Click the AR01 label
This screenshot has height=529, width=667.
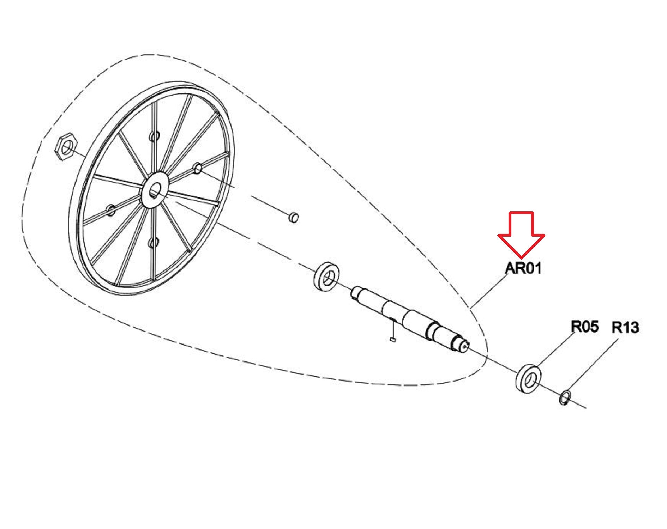click(523, 268)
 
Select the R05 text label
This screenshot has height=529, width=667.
click(585, 327)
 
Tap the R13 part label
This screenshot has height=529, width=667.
click(625, 328)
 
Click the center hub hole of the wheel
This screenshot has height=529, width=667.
click(155, 191)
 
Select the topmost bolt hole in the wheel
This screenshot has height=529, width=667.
click(154, 136)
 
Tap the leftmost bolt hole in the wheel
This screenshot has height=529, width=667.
click(111, 210)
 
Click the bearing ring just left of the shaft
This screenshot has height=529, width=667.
click(326, 277)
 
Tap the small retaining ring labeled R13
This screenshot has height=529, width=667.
click(565, 397)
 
